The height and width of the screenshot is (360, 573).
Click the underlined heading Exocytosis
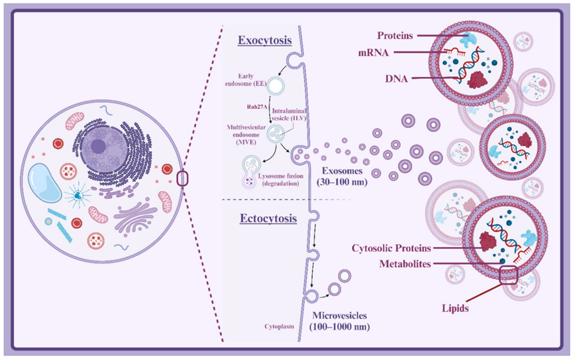coord(265,40)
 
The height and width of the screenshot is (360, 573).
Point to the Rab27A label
coord(250,105)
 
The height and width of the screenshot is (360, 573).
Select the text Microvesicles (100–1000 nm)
coord(340,320)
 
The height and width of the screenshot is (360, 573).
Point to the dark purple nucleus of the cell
coord(97,147)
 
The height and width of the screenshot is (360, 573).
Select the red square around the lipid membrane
coord(509,272)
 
